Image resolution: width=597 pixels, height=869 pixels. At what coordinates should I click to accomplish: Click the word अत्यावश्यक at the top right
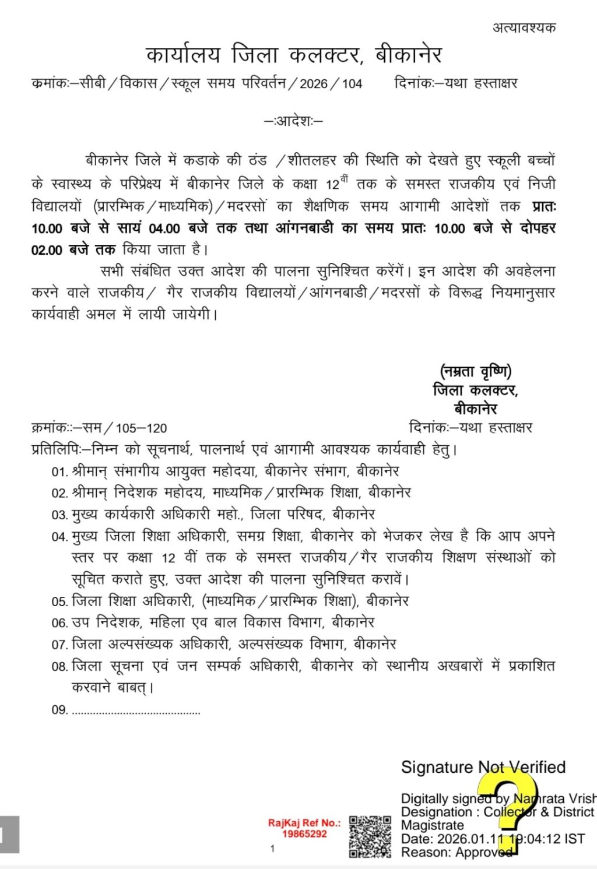(x=524, y=27)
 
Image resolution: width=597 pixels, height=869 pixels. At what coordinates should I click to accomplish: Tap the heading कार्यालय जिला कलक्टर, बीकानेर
(x=294, y=55)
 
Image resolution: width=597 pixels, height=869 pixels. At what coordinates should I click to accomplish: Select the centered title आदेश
(x=294, y=121)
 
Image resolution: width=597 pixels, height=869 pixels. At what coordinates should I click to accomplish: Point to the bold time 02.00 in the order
(x=47, y=250)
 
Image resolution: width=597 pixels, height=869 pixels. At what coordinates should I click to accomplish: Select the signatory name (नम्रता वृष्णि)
(x=476, y=371)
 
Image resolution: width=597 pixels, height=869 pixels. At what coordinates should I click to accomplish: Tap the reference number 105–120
(x=141, y=428)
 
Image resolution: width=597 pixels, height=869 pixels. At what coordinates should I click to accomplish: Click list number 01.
(x=59, y=472)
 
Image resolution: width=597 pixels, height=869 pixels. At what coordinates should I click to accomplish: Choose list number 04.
(x=59, y=537)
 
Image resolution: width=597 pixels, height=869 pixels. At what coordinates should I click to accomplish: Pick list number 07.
(x=59, y=645)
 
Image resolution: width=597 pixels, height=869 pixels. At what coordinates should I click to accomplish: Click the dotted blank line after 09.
(x=135, y=710)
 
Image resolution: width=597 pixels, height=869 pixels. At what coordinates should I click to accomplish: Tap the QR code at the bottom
(x=370, y=836)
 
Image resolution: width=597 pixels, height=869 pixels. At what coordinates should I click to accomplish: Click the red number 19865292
(x=304, y=834)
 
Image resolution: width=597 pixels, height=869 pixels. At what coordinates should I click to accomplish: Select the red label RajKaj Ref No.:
(x=304, y=823)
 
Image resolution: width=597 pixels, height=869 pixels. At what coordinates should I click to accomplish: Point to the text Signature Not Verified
(x=483, y=767)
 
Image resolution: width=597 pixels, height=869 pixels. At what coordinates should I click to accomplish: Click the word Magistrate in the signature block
(x=432, y=825)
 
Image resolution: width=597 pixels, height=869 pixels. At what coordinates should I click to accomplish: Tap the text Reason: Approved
(x=456, y=852)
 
